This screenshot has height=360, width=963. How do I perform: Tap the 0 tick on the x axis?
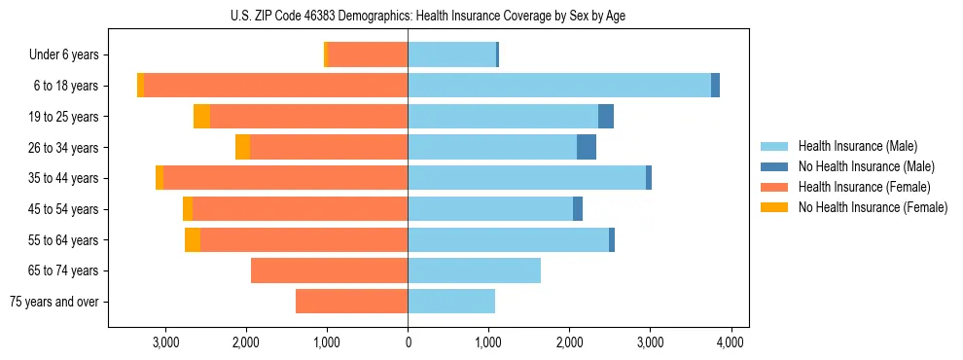pos(408,342)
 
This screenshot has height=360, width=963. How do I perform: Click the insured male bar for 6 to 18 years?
pos(559,86)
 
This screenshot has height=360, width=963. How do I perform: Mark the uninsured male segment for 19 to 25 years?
pos(606,117)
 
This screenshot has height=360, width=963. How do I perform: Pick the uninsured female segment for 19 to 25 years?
pos(201,117)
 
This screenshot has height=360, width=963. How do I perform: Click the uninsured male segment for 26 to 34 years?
pos(587,148)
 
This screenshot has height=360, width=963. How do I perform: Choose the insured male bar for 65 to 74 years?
pos(474,270)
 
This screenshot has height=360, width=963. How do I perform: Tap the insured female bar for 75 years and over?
pos(351,302)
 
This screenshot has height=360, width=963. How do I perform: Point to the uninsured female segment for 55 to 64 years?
pos(193,240)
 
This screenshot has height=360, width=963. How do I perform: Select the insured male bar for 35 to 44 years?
pos(526,178)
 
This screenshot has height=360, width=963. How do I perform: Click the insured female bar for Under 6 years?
pos(368,55)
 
